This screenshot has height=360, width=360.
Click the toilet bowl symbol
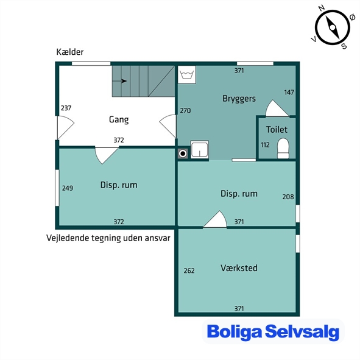click(x=283, y=148)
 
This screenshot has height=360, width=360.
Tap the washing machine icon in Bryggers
click(x=187, y=75)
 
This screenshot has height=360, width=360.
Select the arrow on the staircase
click(x=119, y=81)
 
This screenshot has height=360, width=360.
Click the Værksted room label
click(x=239, y=268)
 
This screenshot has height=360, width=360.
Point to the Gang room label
click(x=119, y=119)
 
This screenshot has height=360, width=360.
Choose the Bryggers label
click(x=239, y=99)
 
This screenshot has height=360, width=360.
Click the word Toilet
click(x=277, y=130)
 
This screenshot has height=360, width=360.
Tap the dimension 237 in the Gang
click(x=66, y=108)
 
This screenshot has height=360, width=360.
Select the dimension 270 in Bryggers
click(x=185, y=111)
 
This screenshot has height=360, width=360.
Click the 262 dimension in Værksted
click(x=189, y=270)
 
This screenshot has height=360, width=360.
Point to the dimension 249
click(x=68, y=188)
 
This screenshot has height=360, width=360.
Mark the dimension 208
click(x=288, y=197)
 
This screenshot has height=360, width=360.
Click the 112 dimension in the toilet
click(x=265, y=145)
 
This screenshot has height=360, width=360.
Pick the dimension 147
click(x=289, y=93)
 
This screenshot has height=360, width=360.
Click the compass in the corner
click(x=333, y=27)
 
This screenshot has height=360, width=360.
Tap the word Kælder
click(x=70, y=52)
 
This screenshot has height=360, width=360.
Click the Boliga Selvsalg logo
click(x=273, y=332)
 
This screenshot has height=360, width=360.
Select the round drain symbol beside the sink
click(x=183, y=154)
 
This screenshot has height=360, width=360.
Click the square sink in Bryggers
click(x=200, y=149)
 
